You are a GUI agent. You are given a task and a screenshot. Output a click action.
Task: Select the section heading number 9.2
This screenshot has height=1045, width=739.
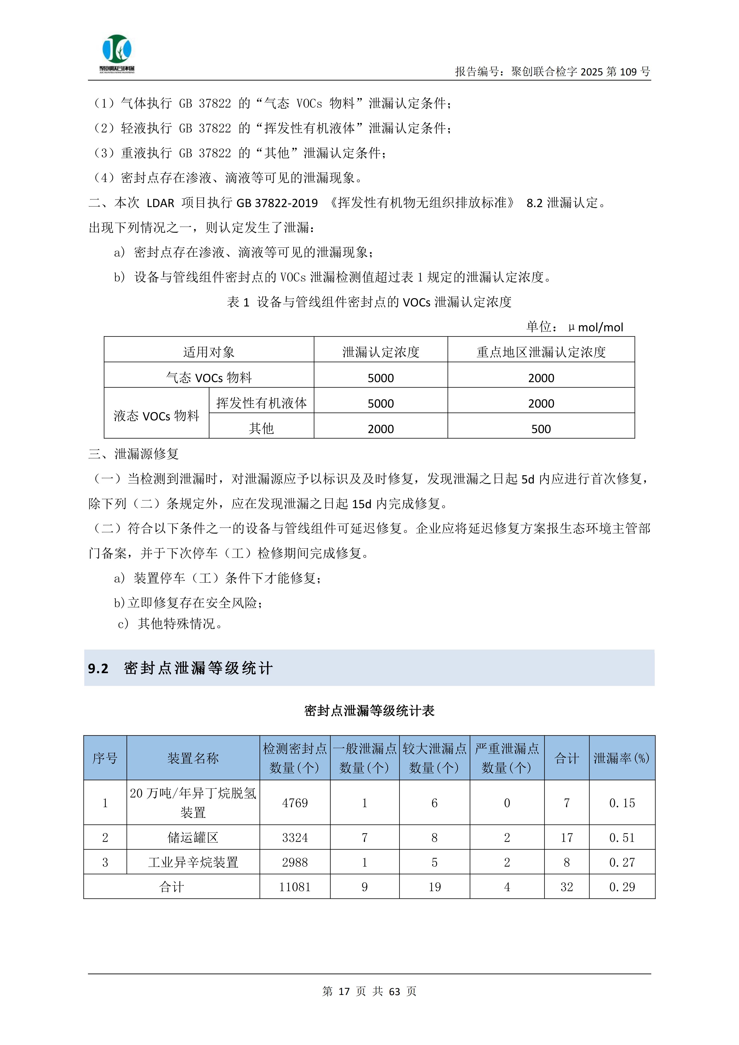click(x=98, y=669)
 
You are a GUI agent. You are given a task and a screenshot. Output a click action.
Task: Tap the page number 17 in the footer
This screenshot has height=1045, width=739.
click(x=344, y=991)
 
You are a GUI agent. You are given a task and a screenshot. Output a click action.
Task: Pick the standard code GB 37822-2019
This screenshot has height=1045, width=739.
click(x=277, y=203)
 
